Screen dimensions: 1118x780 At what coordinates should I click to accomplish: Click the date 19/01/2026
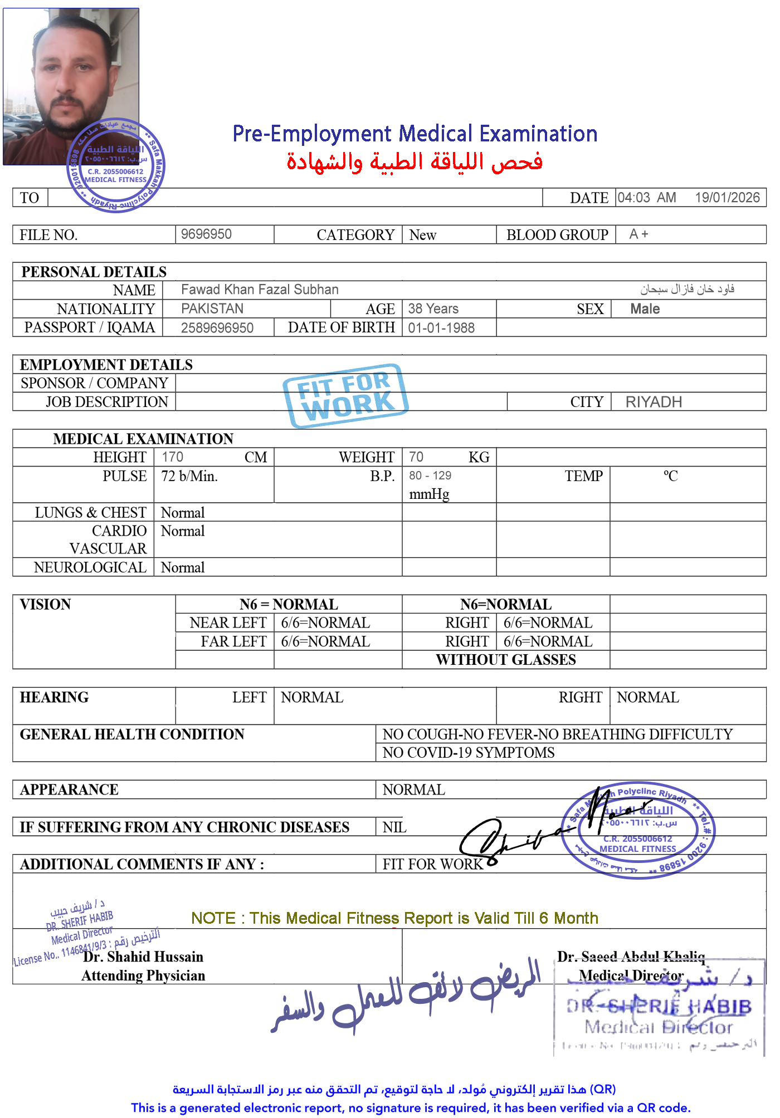[727, 198]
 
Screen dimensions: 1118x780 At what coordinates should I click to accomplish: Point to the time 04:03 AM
[646, 198]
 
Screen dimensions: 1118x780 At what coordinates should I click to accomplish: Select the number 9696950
[206, 234]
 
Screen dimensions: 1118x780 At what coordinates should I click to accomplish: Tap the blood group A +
[638, 234]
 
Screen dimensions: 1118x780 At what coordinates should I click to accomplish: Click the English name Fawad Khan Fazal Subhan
[260, 290]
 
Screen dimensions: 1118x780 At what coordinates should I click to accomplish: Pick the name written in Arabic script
[687, 289]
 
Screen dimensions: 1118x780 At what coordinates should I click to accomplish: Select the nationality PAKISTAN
[212, 308]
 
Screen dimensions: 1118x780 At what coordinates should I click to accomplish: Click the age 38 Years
[433, 308]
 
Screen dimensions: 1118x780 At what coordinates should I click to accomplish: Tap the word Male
[645, 309]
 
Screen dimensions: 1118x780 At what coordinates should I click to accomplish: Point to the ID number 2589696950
[217, 328]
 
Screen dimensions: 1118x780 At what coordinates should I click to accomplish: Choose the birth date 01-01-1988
[441, 328]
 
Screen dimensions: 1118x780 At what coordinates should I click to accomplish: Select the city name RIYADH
[654, 402]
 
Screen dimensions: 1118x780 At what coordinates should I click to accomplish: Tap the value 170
[172, 457]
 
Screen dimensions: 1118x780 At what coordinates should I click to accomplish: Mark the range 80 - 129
[430, 476]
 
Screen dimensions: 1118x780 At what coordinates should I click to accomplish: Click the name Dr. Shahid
[116, 957]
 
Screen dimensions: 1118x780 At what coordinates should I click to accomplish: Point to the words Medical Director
[631, 976]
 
